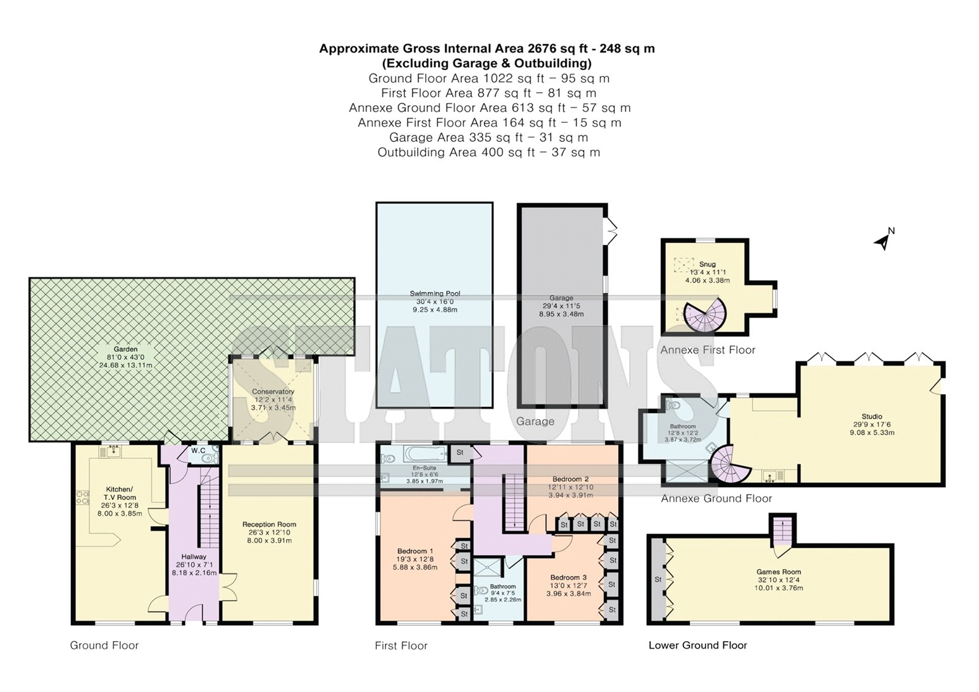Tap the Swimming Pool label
click(x=434, y=294)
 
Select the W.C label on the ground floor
click(x=198, y=450)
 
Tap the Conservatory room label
click(x=273, y=392)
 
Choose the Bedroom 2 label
click(x=570, y=479)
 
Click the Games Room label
click(x=778, y=572)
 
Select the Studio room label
click(x=871, y=417)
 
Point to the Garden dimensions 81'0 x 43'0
click(x=125, y=357)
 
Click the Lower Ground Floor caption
click(x=698, y=645)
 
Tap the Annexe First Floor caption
click(x=707, y=350)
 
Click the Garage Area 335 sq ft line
click(x=489, y=138)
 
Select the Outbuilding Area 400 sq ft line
click(x=489, y=152)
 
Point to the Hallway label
click(x=193, y=557)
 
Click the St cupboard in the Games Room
click(x=657, y=579)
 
